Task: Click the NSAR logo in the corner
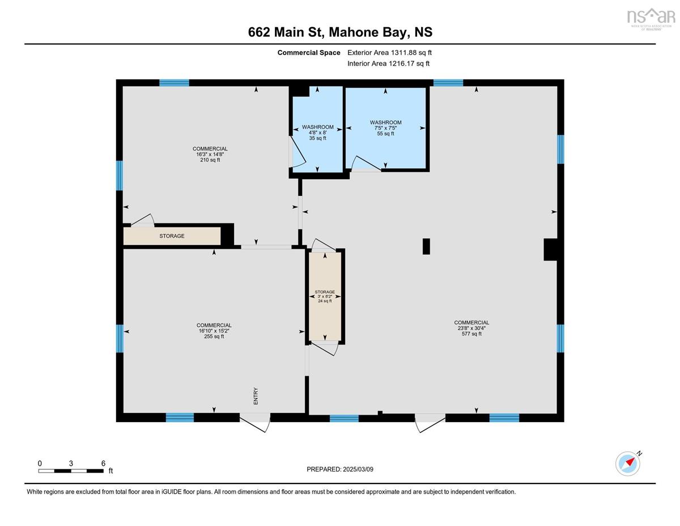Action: [651, 18]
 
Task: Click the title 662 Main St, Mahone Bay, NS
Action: [340, 32]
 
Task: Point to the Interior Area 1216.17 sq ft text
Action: [388, 64]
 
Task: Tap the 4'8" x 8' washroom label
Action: [317, 132]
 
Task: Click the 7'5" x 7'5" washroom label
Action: [385, 128]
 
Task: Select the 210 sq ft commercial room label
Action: [210, 154]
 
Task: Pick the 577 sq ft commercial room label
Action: [471, 328]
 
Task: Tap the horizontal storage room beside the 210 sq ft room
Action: [172, 236]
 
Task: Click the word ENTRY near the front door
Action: [256, 395]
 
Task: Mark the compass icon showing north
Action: [628, 463]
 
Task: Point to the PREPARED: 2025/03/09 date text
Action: [340, 469]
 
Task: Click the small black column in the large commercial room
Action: [426, 246]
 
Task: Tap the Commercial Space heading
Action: [309, 53]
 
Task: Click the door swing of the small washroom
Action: [295, 153]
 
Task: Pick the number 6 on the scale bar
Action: [103, 463]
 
